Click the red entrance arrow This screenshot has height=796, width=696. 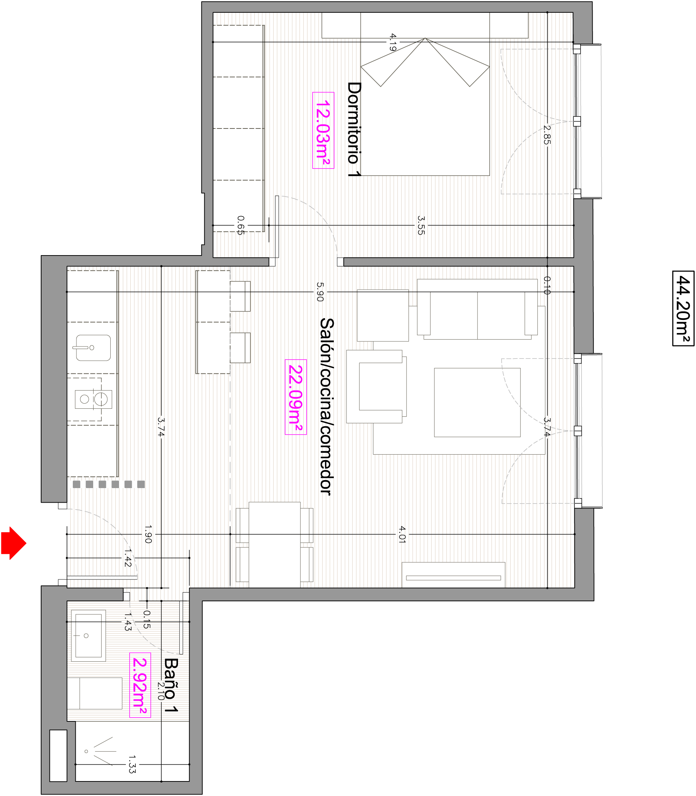click(13, 543)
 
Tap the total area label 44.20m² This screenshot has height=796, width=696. click(683, 308)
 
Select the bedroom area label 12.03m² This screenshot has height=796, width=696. click(323, 130)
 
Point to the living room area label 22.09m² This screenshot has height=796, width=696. click(296, 397)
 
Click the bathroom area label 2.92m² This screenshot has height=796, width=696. click(140, 685)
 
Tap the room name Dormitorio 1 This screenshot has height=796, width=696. click(354, 129)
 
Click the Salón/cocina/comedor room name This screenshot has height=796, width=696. click(327, 406)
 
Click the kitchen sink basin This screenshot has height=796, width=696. click(93, 348)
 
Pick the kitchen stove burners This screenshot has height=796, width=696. click(93, 399)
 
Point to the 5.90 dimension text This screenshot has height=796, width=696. click(320, 292)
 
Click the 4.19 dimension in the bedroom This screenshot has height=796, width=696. click(393, 42)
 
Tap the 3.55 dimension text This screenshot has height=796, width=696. click(421, 225)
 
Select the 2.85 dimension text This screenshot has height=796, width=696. click(547, 134)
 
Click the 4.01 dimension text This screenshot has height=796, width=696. click(402, 534)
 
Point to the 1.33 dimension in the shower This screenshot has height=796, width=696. click(132, 764)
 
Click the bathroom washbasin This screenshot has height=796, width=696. click(88, 635)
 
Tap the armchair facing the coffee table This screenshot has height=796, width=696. click(376, 386)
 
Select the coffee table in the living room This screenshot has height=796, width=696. click(477, 402)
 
